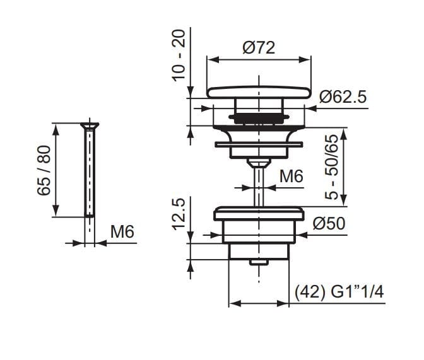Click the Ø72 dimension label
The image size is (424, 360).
point(259,47)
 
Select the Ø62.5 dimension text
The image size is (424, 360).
point(343,97)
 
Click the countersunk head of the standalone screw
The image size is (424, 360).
point(89,125)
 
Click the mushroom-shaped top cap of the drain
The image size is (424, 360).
point(259,92)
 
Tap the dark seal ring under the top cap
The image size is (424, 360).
point(259,117)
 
